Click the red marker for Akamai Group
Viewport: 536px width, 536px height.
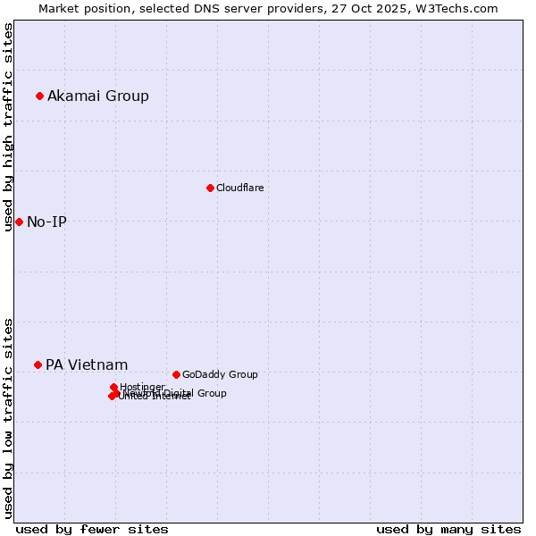39,96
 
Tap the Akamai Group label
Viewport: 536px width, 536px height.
98,96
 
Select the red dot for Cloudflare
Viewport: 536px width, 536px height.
210,188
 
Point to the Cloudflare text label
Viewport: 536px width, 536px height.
239,188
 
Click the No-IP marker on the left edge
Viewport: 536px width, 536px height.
19,222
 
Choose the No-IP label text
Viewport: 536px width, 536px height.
46,222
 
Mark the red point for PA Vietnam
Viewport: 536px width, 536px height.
38,364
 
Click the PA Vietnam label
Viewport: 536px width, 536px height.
87,364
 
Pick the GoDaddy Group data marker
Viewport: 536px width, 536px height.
176,374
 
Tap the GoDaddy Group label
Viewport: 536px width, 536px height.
220,374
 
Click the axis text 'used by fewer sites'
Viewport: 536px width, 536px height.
92,529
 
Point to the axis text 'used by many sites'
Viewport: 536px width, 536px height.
448,529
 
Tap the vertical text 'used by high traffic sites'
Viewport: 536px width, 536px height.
8,127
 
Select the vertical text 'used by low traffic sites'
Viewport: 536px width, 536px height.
8,417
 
